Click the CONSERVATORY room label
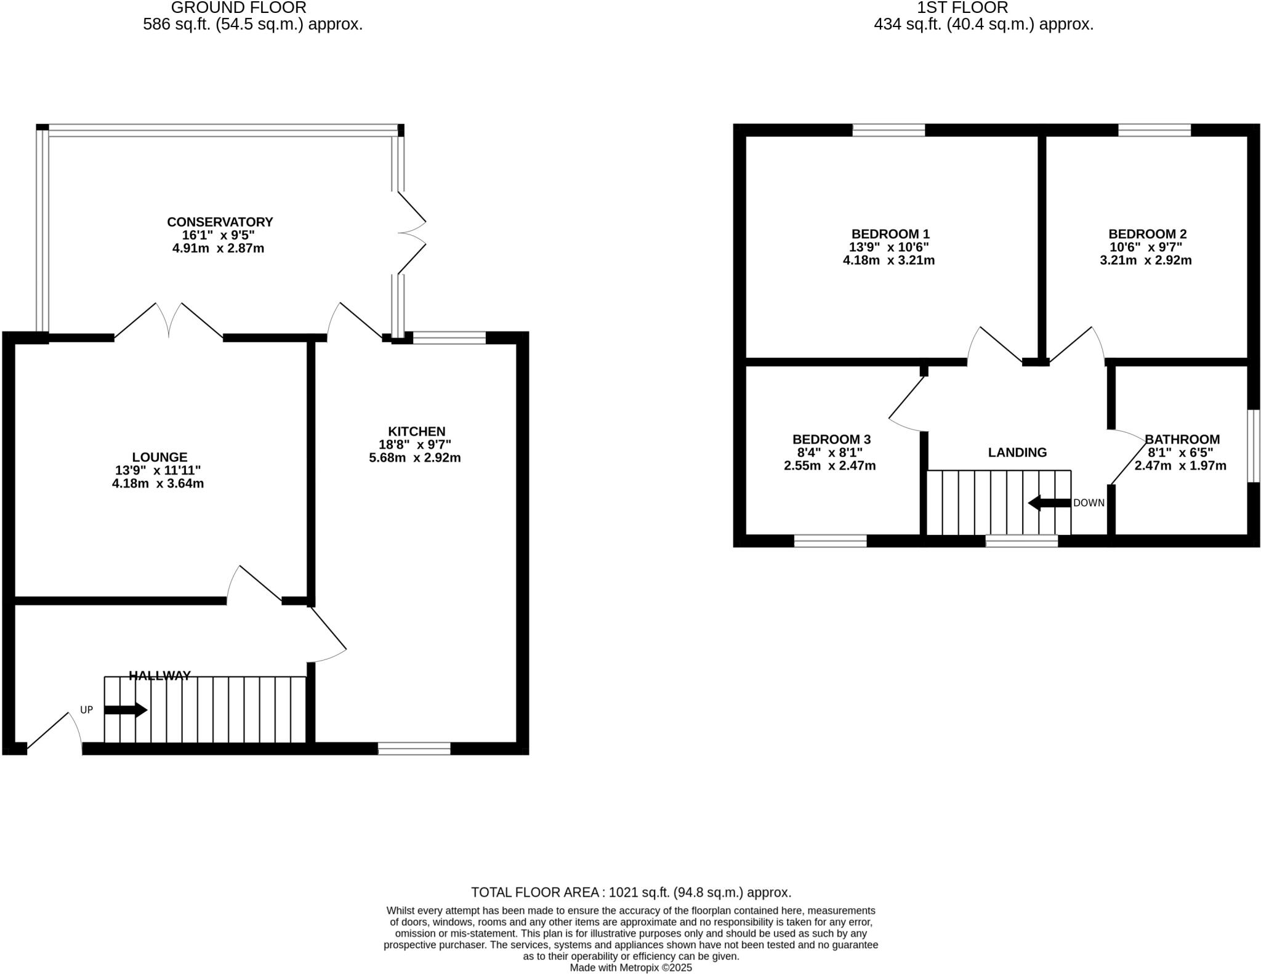(x=220, y=222)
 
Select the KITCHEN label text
(x=416, y=431)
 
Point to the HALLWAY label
(x=159, y=675)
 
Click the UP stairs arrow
(x=126, y=710)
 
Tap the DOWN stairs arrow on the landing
(x=1049, y=502)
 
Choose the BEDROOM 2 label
(x=1147, y=234)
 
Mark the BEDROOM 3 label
(x=831, y=439)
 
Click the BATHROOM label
(x=1182, y=439)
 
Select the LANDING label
(x=1017, y=453)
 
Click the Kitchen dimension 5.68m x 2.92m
(x=415, y=458)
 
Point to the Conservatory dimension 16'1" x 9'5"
(x=218, y=235)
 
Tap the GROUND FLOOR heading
(x=238, y=8)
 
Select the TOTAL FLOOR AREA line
(x=630, y=892)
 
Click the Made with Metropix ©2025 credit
(x=630, y=967)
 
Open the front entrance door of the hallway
(x=54, y=733)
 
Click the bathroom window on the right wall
(x=1253, y=445)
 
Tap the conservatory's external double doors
(x=411, y=233)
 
